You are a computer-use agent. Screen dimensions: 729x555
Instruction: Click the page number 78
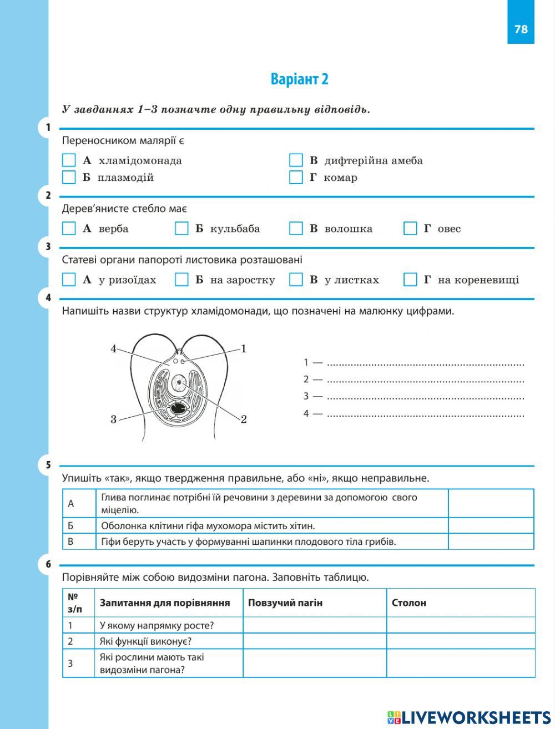(x=521, y=29)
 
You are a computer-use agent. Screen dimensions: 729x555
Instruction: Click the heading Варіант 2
(x=299, y=79)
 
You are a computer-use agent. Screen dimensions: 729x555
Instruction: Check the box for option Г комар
(x=296, y=178)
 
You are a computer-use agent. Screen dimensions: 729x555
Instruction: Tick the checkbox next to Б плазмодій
(x=69, y=178)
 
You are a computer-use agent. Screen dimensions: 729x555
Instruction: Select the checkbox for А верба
(x=69, y=229)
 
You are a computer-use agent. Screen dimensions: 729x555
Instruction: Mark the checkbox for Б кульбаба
(x=181, y=229)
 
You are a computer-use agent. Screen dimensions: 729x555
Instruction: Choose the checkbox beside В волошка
(x=296, y=229)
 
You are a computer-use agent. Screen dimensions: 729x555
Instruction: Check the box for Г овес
(x=410, y=229)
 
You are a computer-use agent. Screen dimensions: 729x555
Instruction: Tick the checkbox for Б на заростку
(x=181, y=280)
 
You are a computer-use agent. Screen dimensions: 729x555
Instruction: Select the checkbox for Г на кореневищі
(x=410, y=280)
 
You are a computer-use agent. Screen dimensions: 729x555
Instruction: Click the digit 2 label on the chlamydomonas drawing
(x=244, y=419)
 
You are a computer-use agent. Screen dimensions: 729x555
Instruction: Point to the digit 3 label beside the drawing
(x=113, y=419)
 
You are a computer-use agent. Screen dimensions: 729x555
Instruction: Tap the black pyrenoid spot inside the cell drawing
(x=179, y=409)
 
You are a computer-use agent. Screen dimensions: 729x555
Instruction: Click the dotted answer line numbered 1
(x=425, y=363)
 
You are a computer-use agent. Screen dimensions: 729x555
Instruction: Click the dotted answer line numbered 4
(x=425, y=414)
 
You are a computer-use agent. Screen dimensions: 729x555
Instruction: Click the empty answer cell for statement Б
(x=491, y=525)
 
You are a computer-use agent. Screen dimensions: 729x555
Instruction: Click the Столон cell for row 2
(x=461, y=641)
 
